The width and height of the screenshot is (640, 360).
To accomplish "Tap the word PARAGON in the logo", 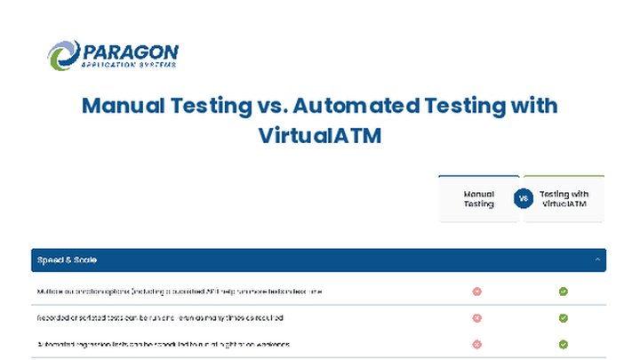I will (129, 52).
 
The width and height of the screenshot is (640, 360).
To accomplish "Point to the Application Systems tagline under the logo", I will (129, 65).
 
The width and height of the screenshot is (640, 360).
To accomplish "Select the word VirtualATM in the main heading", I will (320, 137).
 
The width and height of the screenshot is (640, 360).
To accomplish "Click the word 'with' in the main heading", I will (533, 105).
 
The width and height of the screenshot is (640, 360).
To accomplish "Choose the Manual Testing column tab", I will (478, 198).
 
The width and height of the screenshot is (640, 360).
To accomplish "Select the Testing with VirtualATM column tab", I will (564, 198).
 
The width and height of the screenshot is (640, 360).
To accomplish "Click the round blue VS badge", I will (523, 198).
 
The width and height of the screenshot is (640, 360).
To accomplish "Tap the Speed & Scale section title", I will (67, 260).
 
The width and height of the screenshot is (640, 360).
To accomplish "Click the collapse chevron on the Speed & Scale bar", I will (597, 260).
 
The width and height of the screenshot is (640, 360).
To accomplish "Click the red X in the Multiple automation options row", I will (477, 291).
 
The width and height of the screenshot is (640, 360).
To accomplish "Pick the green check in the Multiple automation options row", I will (564, 291).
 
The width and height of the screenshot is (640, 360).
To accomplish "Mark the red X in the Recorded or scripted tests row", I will (477, 317).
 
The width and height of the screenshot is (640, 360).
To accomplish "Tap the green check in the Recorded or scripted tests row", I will (564, 317).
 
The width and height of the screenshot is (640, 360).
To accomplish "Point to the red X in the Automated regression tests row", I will (477, 344).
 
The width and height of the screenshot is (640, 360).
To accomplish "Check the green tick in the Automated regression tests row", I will (564, 344).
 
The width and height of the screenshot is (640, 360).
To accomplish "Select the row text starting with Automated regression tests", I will (164, 344).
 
